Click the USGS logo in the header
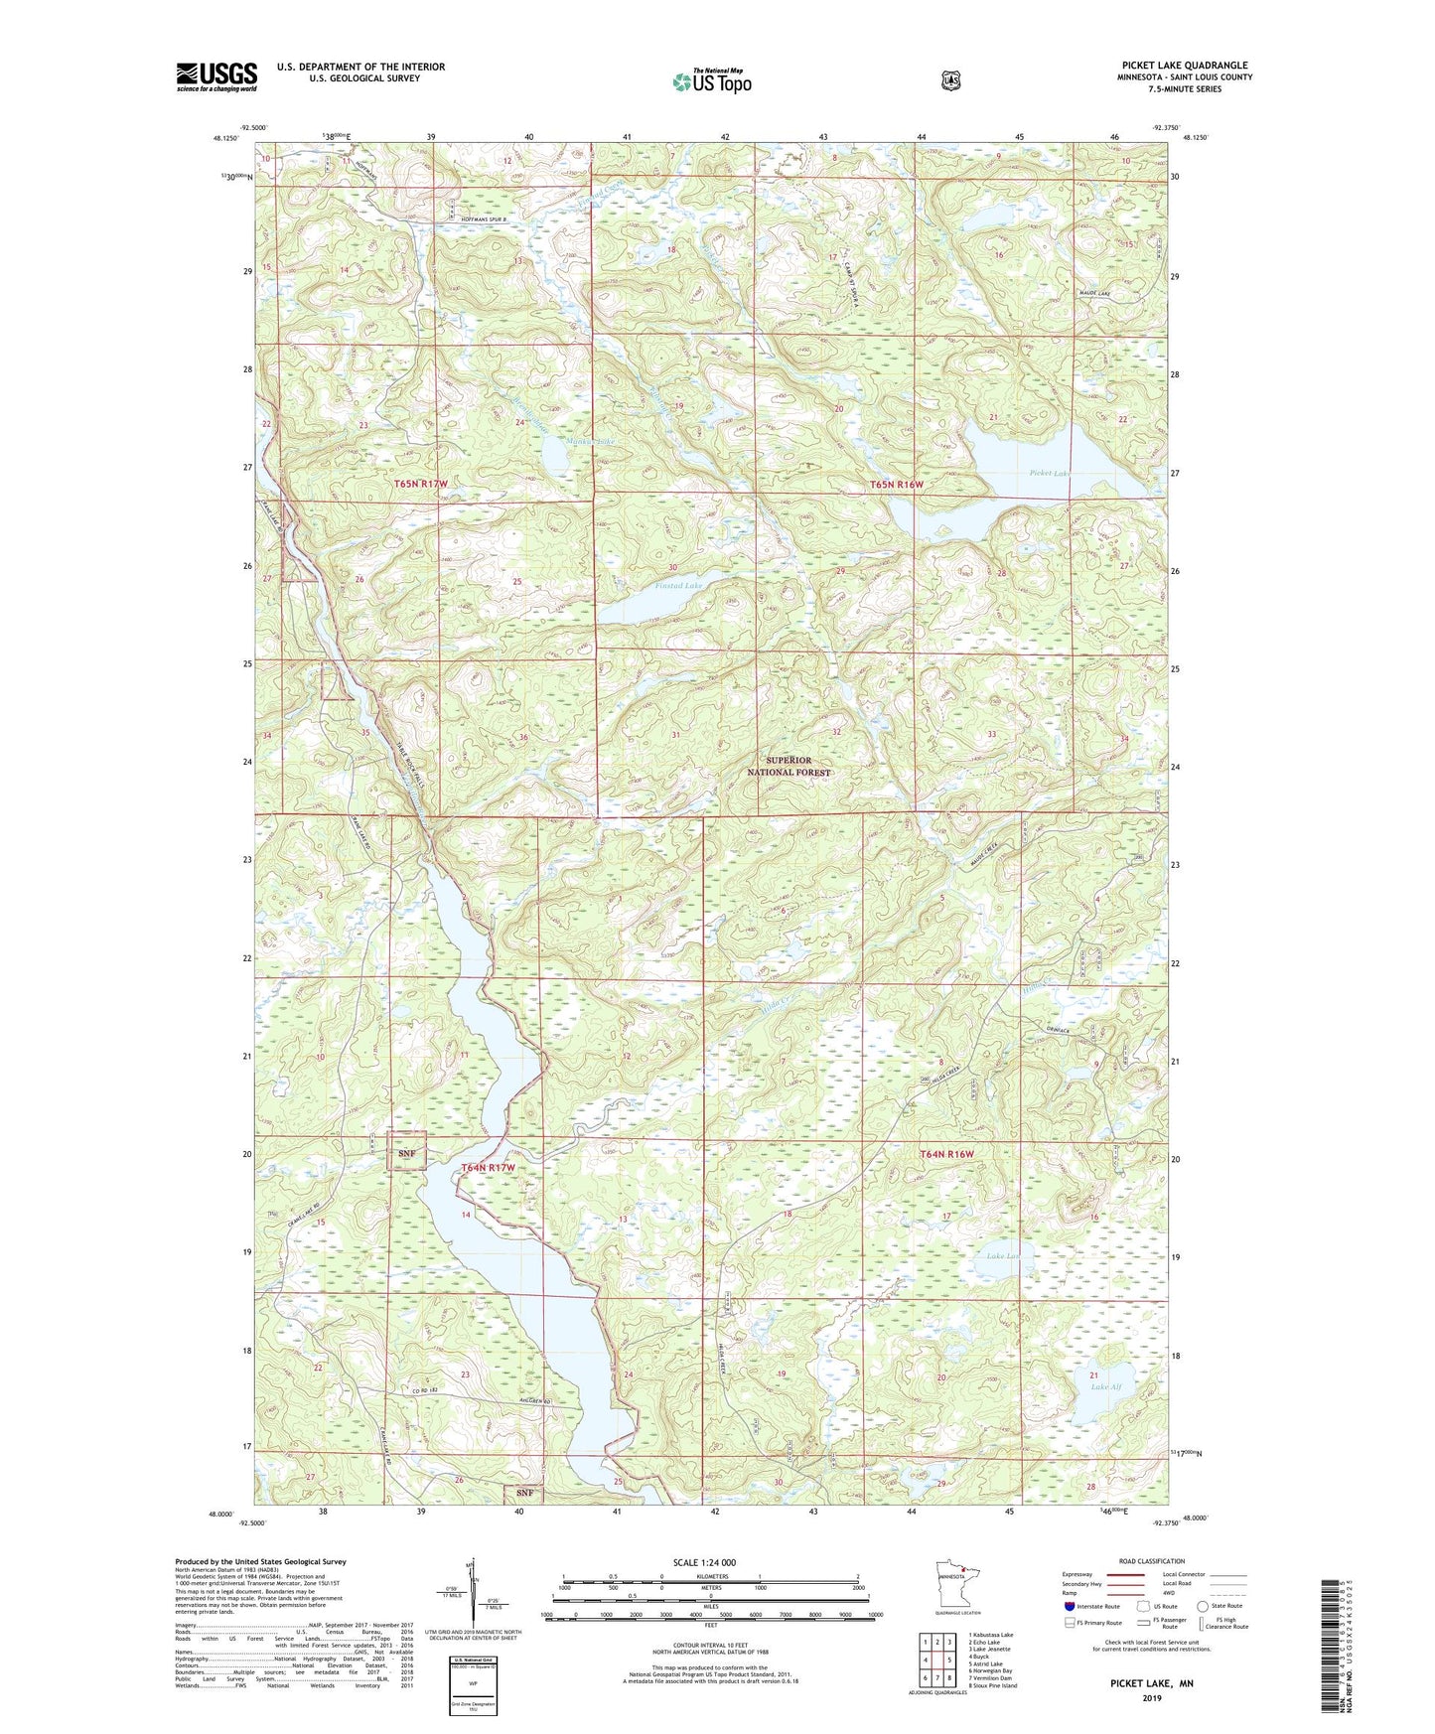pos(216,76)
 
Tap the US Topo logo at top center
pos(710,81)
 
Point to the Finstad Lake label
pos(678,586)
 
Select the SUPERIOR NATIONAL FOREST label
pos(789,766)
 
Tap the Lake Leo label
pos(1003,1256)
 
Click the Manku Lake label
pos(562,441)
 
